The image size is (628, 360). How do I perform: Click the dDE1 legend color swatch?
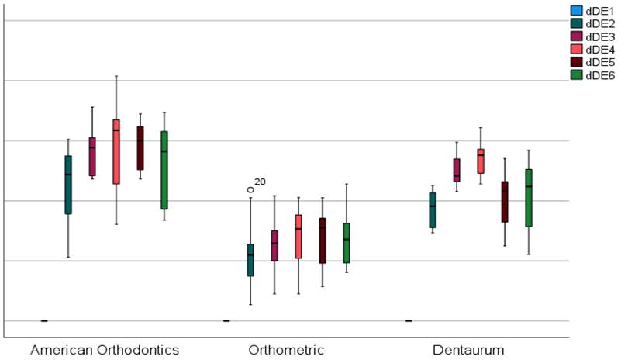click(x=576, y=11)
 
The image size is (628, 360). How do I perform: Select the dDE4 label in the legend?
click(x=601, y=50)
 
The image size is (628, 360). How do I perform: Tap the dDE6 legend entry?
click(x=601, y=75)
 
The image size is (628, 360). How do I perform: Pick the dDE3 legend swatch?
click(x=576, y=36)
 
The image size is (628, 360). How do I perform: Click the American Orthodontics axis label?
click(x=105, y=350)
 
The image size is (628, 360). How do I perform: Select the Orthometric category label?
click(x=286, y=350)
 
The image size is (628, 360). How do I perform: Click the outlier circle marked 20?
click(x=250, y=189)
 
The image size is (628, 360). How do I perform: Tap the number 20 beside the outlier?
click(x=260, y=182)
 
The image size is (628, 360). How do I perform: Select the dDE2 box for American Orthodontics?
click(x=68, y=185)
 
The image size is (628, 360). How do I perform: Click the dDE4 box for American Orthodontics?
click(x=116, y=151)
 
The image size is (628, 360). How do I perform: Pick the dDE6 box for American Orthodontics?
click(x=164, y=170)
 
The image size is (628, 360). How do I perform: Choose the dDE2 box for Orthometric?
click(x=250, y=260)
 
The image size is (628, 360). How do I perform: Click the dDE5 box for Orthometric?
click(x=323, y=241)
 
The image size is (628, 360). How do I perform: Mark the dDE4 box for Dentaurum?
click(x=481, y=161)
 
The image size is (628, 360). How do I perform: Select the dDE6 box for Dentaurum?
click(x=529, y=198)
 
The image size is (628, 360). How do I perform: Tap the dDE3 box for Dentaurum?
click(x=457, y=170)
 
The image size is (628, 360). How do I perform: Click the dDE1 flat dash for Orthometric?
click(x=226, y=320)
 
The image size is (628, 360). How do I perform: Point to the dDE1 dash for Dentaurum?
click(x=409, y=320)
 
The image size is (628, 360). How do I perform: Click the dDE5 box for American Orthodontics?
click(x=140, y=147)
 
